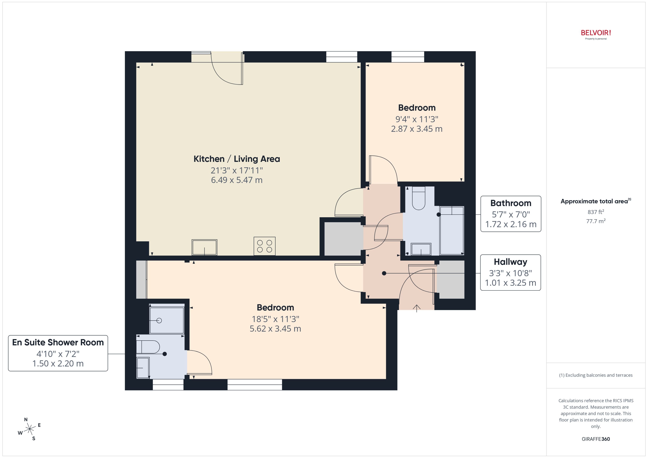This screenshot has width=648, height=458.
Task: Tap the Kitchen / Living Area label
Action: point(237,159)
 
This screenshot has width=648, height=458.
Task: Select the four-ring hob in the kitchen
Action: point(264,246)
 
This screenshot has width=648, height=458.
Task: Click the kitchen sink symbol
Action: point(204,247)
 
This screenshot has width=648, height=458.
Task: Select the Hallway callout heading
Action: point(510,262)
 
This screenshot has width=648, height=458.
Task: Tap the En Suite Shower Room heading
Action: point(58,342)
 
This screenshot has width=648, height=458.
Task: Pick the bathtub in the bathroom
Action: point(452,230)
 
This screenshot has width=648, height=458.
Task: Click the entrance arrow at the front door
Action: point(416,308)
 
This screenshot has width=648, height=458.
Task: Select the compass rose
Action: point(30,429)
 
